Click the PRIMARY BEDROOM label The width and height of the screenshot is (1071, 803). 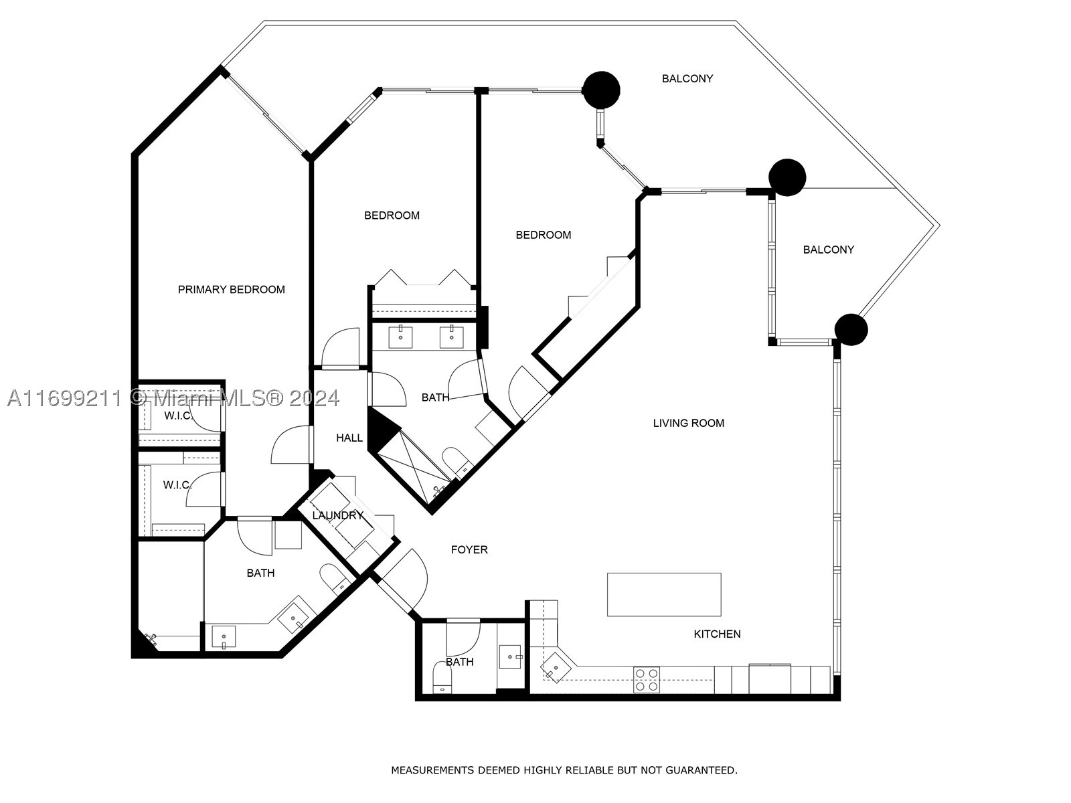coord(232,290)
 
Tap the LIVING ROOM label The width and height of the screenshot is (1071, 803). coord(689,423)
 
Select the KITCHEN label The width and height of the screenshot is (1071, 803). coord(718,634)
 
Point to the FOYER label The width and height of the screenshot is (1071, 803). coord(469,550)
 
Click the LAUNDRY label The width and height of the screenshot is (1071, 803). coord(337,515)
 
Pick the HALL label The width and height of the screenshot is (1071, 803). coord(349,438)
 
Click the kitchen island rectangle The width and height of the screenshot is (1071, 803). coord(664,594)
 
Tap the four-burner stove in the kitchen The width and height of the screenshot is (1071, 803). coord(647,680)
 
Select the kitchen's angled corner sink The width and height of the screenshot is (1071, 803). coord(556,665)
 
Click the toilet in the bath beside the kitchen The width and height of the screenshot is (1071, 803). coord(442,678)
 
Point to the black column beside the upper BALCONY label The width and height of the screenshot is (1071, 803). coord(601,90)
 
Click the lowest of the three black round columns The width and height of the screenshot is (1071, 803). coord(851,330)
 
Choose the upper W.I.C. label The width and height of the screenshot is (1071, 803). coord(177,416)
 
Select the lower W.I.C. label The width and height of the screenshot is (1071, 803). coord(177,485)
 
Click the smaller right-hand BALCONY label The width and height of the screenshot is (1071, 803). coord(829,250)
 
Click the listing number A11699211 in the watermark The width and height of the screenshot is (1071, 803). coord(64,399)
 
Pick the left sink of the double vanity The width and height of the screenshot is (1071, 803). coord(400,337)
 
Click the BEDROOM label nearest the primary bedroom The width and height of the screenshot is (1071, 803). coord(392,215)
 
